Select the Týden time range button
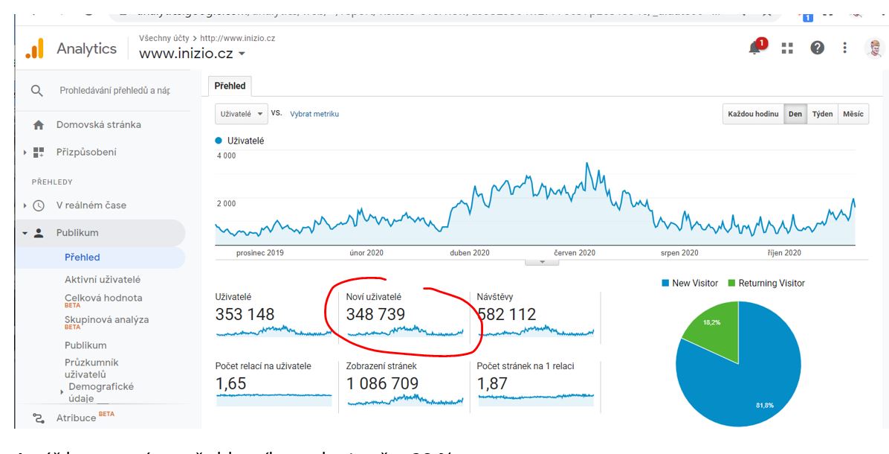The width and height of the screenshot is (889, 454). click(821, 114)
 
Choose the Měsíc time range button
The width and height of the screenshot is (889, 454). click(853, 114)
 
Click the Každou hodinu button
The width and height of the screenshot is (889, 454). click(753, 114)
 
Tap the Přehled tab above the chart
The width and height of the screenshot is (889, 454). click(230, 86)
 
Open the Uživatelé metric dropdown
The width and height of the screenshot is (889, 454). click(242, 114)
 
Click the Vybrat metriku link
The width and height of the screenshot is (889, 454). click(314, 114)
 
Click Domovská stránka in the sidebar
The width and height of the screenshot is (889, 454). click(99, 124)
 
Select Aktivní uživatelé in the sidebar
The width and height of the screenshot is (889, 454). click(103, 280)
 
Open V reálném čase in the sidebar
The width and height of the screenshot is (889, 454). click(91, 205)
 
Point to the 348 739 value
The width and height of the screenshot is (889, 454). click(375, 315)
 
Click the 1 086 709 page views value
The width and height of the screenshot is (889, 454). click(382, 384)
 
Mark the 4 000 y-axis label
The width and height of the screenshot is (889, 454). click(226, 156)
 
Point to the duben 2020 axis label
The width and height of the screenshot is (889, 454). click(470, 252)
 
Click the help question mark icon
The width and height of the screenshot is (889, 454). click(815, 47)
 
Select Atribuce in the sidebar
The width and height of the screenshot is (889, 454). click(77, 418)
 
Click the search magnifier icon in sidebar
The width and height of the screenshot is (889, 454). click(36, 91)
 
